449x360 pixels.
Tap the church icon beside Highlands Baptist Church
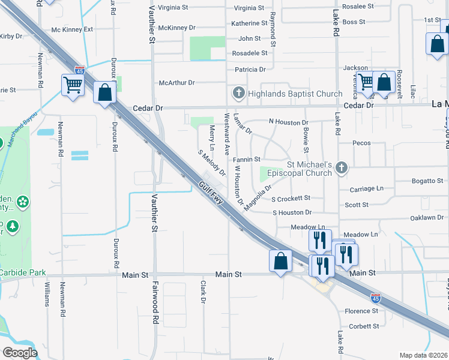click(x=238, y=93)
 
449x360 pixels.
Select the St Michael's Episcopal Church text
click(x=309, y=169)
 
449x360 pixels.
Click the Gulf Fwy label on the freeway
click(x=212, y=194)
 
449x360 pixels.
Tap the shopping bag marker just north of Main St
click(x=280, y=261)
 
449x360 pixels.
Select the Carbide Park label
click(x=23, y=272)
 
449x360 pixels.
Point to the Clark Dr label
click(x=203, y=292)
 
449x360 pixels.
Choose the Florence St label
click(x=361, y=311)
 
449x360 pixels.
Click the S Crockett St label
click(x=291, y=198)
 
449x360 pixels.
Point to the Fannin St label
click(x=246, y=160)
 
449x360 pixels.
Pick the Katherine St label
click(x=249, y=23)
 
